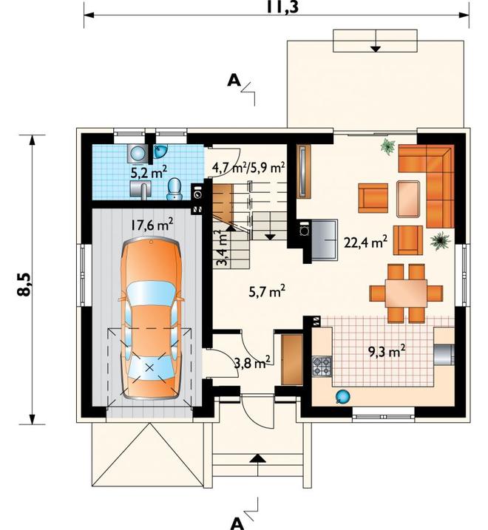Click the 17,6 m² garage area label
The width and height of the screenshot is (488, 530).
coord(152,225)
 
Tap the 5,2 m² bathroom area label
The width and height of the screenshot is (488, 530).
coord(149,172)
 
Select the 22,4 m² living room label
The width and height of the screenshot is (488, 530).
coord(365,242)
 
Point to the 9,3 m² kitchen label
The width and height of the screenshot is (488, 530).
coord(387,352)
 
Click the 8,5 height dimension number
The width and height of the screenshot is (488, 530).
coord(24,284)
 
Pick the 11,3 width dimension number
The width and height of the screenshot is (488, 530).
coord(282,7)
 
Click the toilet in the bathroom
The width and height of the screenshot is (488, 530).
coord(174,189)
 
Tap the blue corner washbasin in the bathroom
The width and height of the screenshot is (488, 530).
coord(160,151)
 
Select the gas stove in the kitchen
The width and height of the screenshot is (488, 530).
coord(322,367)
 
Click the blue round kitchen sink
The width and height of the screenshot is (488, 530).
coord(342,397)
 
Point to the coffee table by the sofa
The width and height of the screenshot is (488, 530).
coord(408,199)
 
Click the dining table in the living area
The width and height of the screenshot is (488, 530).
coord(406,293)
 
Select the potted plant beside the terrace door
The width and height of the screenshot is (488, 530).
coord(387,146)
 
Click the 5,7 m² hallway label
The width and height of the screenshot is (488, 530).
coord(267,291)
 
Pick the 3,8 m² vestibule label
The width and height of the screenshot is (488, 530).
coord(252,364)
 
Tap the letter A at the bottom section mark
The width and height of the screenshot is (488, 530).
coord(237,523)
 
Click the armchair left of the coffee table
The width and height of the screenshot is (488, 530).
coord(373,198)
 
